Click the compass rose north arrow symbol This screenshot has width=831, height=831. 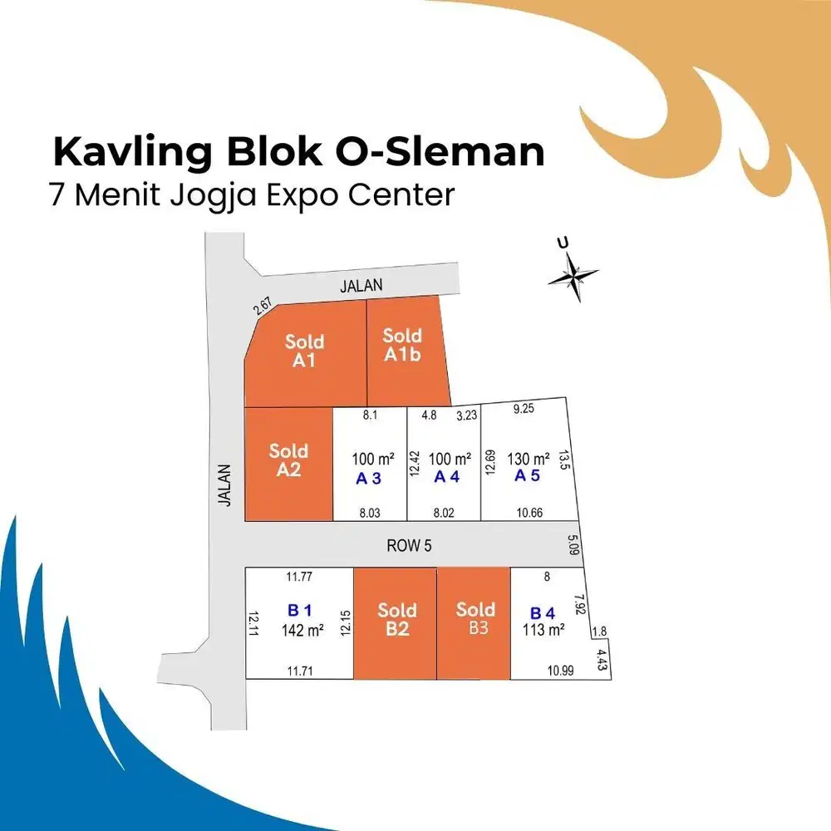[573, 276]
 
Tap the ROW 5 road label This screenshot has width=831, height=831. [409, 545]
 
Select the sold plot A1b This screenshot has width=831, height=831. [408, 351]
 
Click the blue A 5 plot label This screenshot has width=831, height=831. [527, 475]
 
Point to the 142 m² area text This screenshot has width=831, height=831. [302, 630]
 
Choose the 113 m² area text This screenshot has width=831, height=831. [543, 630]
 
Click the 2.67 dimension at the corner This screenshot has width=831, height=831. [263, 306]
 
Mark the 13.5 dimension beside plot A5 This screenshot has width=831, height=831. [564, 460]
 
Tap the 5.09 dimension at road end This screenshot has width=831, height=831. [573, 544]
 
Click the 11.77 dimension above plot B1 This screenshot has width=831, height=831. [299, 577]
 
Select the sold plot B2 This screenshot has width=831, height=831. [396, 623]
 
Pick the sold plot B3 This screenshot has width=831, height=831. [474, 623]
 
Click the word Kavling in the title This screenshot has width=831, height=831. [132, 153]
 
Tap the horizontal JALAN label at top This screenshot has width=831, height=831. [361, 286]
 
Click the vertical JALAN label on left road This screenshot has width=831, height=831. [224, 485]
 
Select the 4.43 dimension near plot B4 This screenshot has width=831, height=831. [602, 660]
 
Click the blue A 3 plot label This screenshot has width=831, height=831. [368, 479]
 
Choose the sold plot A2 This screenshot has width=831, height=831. [289, 465]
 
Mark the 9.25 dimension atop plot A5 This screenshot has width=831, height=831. [524, 409]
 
